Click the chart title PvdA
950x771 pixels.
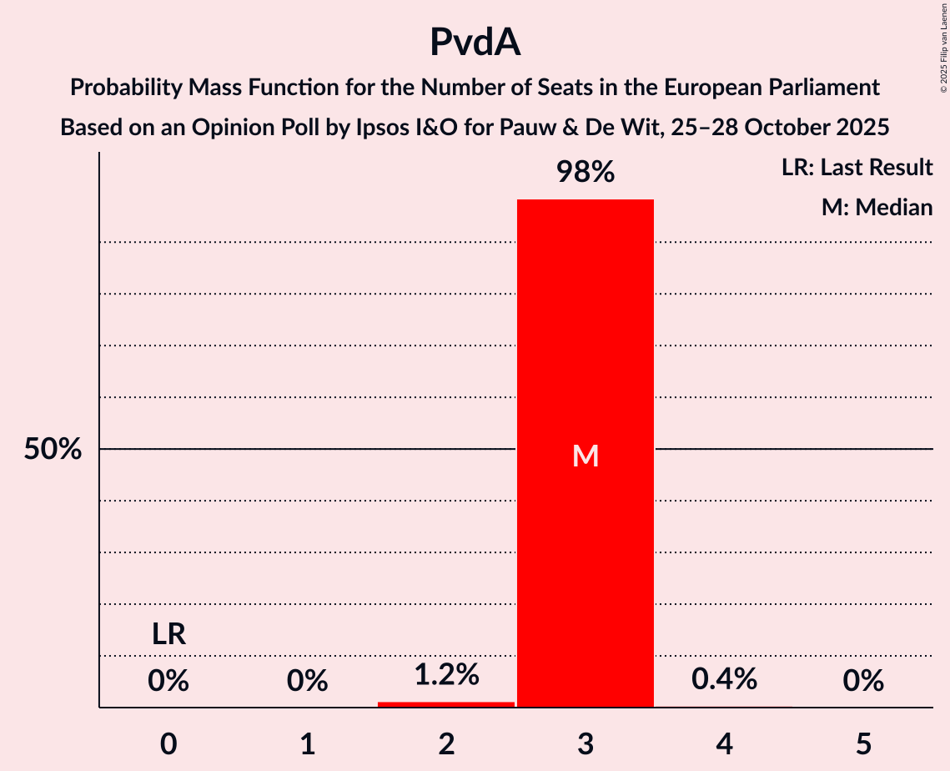click(x=475, y=42)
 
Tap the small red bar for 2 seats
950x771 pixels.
click(x=446, y=704)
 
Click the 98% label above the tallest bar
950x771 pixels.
click(x=586, y=173)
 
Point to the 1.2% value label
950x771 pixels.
click(x=446, y=674)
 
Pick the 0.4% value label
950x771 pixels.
click(x=724, y=679)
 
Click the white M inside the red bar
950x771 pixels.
click(x=586, y=456)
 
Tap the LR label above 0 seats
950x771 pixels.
click(x=168, y=635)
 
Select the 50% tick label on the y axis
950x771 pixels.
click(x=53, y=450)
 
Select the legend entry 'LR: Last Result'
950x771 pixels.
click(x=857, y=168)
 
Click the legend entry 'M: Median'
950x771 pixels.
click(x=877, y=207)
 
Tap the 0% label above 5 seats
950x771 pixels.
click(x=863, y=682)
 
